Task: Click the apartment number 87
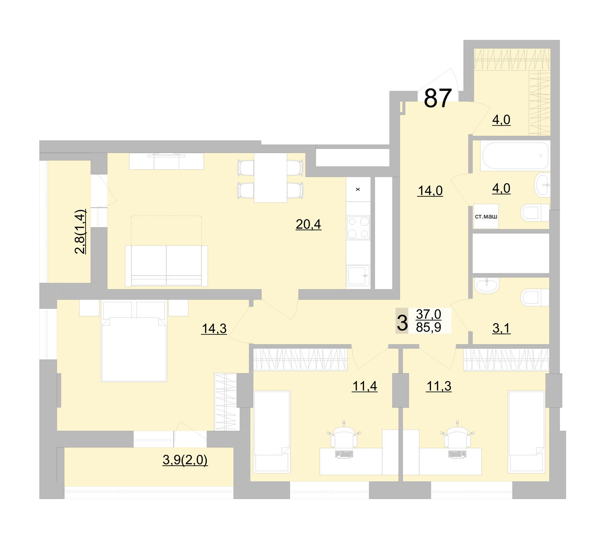[437, 98]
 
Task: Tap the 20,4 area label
[308, 224]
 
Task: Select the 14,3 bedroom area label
[214, 328]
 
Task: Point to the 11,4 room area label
[364, 386]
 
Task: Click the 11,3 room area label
[439, 386]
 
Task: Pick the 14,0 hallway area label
[430, 191]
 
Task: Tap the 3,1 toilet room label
[501, 328]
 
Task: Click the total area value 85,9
[428, 327]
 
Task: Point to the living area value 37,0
[428, 314]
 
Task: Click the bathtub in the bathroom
[515, 156]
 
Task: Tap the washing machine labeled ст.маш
[486, 217]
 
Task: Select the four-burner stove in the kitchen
[358, 228]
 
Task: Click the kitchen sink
[358, 275]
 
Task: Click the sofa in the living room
[166, 266]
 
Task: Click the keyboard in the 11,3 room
[457, 454]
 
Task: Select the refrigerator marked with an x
[358, 189]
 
